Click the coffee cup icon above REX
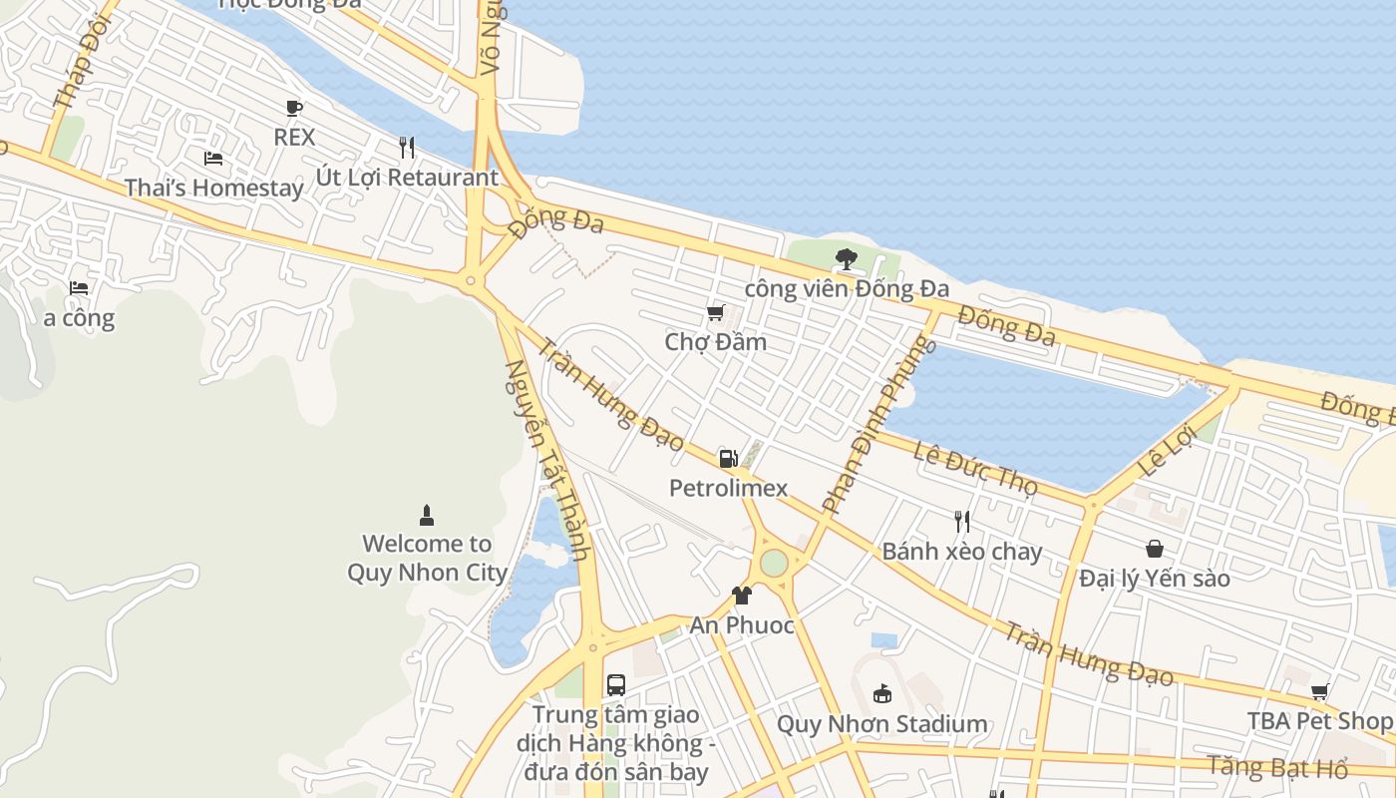coord(293,108)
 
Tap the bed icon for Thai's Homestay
coord(212,158)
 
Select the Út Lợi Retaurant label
coord(407,178)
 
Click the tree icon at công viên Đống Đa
coord(846,259)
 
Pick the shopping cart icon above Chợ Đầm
coord(715,314)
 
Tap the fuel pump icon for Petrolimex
coord(728,459)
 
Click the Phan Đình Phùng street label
coord(878,424)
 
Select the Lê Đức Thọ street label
coord(975,465)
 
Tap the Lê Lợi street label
coord(1166,451)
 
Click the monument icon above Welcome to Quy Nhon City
coord(427,516)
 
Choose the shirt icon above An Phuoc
coord(741,596)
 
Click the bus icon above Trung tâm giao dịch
coord(616,685)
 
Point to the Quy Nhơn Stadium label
coord(881,724)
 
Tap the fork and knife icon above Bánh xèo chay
coord(961,522)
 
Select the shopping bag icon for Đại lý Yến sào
coord(1154,549)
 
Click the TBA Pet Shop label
coord(1319,720)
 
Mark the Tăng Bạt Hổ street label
coord(1277,767)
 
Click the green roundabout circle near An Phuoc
coord(774,563)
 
